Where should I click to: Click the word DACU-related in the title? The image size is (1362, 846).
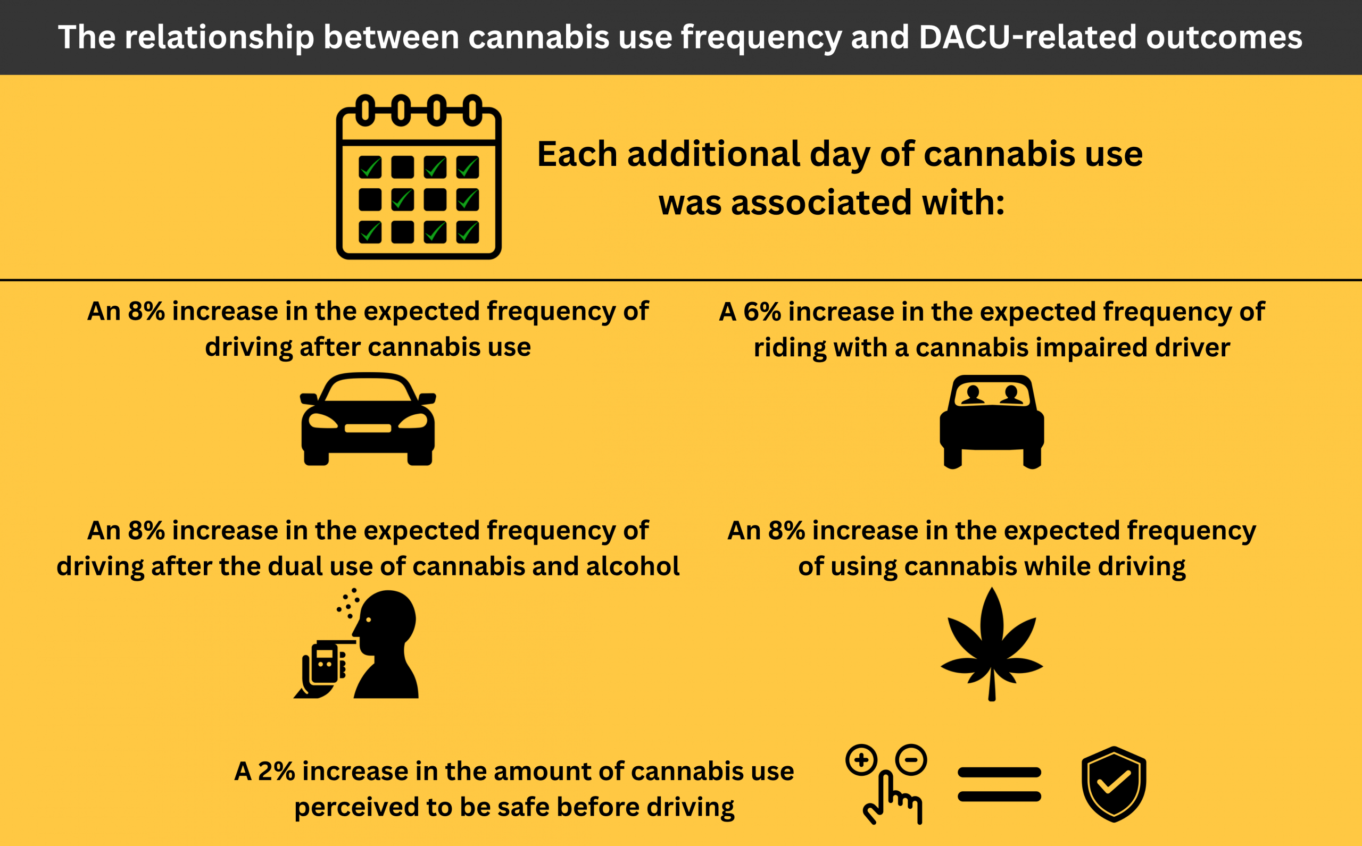[1028, 37]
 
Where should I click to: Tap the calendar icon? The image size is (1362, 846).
[419, 177]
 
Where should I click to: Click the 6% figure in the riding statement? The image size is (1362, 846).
[762, 312]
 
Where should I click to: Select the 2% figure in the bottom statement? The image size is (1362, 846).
[276, 771]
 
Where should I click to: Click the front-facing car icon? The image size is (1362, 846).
[368, 418]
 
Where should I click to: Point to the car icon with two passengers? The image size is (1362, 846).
[992, 422]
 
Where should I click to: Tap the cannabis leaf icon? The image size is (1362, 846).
[992, 644]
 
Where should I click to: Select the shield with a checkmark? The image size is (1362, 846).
[1114, 784]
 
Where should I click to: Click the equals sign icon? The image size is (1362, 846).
[999, 784]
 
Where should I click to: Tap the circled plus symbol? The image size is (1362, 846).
[861, 760]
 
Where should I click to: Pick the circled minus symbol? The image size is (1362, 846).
[911, 759]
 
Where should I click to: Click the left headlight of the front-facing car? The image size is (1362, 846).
[323, 421]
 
